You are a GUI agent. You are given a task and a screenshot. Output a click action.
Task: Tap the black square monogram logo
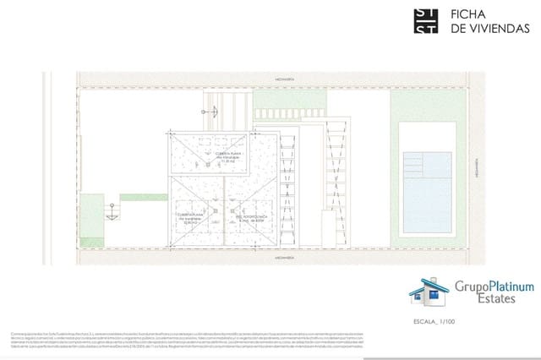click(425, 21)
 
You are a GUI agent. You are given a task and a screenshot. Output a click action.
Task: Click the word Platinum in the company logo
click(503, 287)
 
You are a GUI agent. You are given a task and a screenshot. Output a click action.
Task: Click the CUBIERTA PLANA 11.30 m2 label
click(206, 156)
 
